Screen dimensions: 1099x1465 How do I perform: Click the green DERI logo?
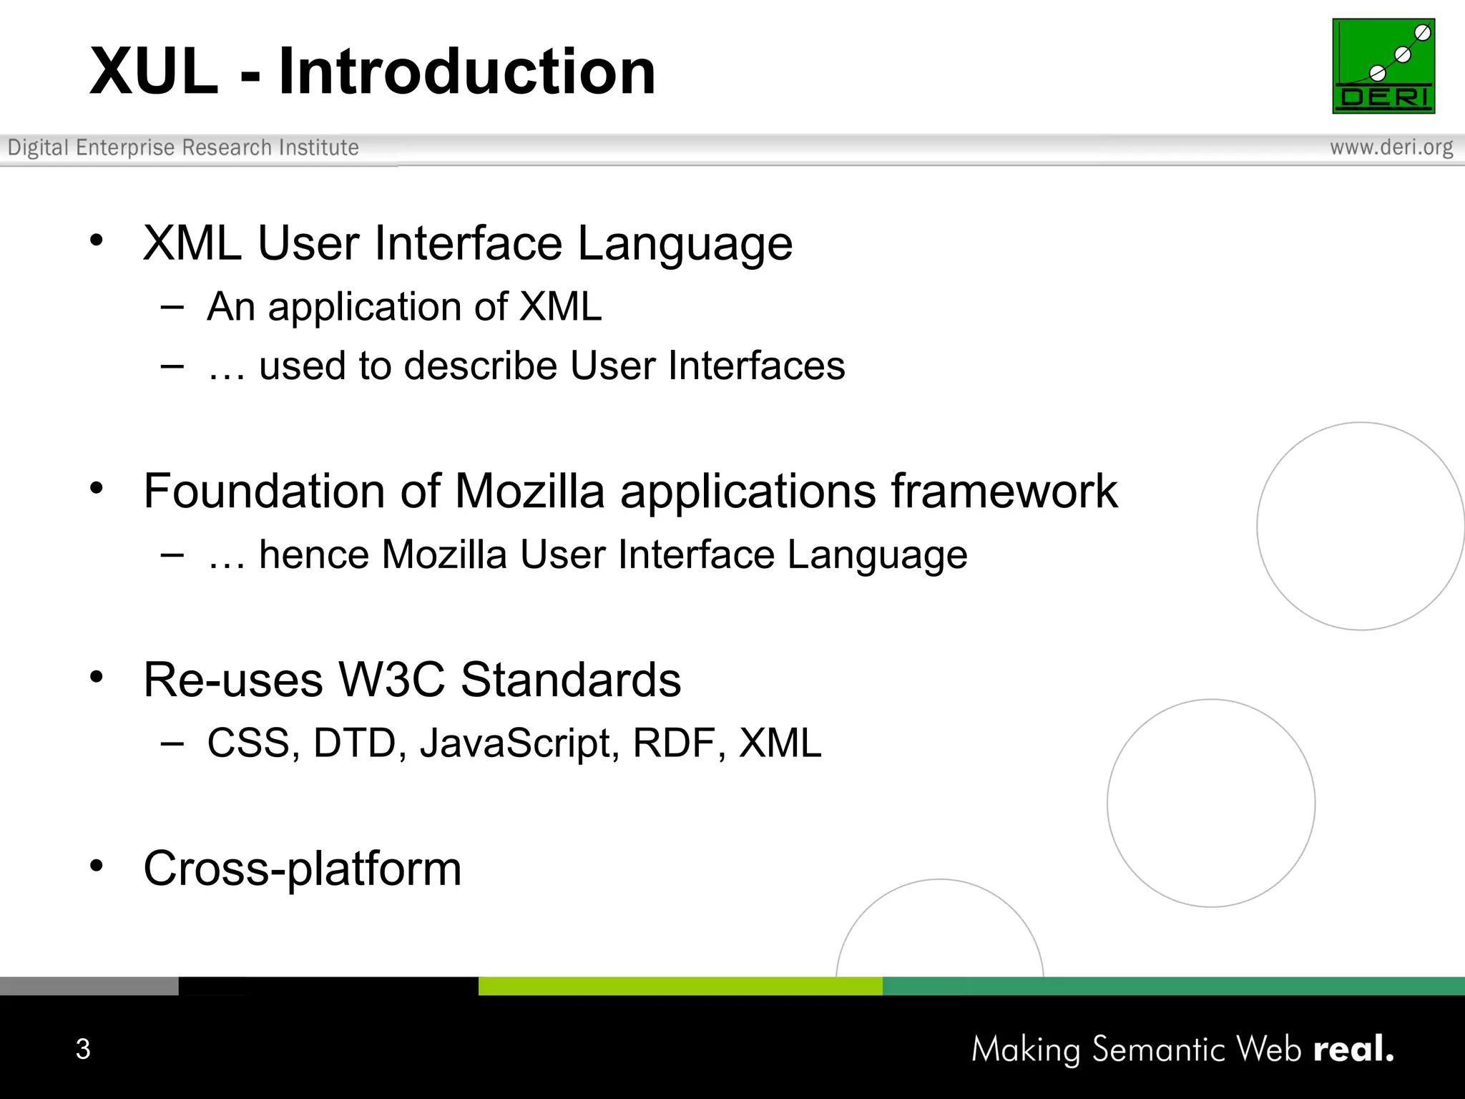click(1383, 66)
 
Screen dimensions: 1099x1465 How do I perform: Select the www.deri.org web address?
click(1391, 147)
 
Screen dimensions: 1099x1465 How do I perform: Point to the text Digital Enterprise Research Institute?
click(183, 147)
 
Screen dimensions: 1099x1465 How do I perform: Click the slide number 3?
click(83, 1049)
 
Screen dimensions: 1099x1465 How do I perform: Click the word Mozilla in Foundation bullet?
click(530, 492)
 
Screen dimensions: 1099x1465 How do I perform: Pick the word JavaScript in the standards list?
click(519, 743)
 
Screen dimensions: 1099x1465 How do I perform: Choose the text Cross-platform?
click(302, 869)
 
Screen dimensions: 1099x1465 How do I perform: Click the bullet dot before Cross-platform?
click(97, 866)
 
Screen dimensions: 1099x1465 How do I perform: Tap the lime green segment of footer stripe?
click(680, 986)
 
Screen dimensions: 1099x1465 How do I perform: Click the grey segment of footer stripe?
click(89, 986)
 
